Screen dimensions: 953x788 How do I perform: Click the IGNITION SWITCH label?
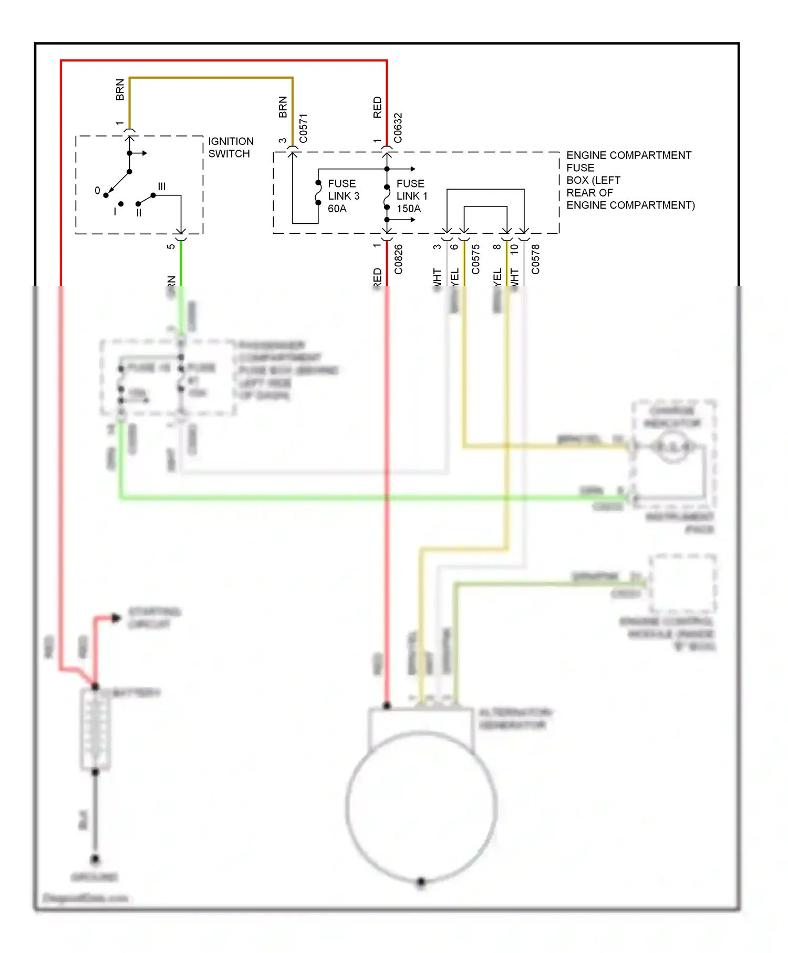[x=231, y=148]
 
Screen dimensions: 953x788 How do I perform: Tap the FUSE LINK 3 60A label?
[x=344, y=196]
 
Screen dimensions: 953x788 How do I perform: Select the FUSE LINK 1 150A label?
[x=412, y=196]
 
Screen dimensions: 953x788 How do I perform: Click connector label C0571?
[x=303, y=128]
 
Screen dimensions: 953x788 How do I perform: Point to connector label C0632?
[x=398, y=128]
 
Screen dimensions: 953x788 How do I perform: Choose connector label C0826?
[x=398, y=259]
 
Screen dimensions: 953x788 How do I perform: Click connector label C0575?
[x=475, y=259]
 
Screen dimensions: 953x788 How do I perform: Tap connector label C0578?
[x=535, y=259]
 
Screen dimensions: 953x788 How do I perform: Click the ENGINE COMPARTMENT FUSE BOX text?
[x=630, y=180]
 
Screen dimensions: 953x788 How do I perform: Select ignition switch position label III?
[x=162, y=187]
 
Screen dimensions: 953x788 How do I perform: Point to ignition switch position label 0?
[x=97, y=191]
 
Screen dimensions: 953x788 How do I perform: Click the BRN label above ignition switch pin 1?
[x=120, y=90]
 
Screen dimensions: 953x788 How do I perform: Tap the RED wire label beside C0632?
[x=377, y=107]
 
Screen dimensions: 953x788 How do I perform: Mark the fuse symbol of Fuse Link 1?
[x=387, y=197]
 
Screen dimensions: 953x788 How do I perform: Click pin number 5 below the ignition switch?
[x=171, y=246]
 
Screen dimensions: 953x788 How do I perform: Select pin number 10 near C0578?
[x=514, y=248]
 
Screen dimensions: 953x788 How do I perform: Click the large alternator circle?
[x=421, y=806]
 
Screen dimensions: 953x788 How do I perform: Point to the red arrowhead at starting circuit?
[x=116, y=618]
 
